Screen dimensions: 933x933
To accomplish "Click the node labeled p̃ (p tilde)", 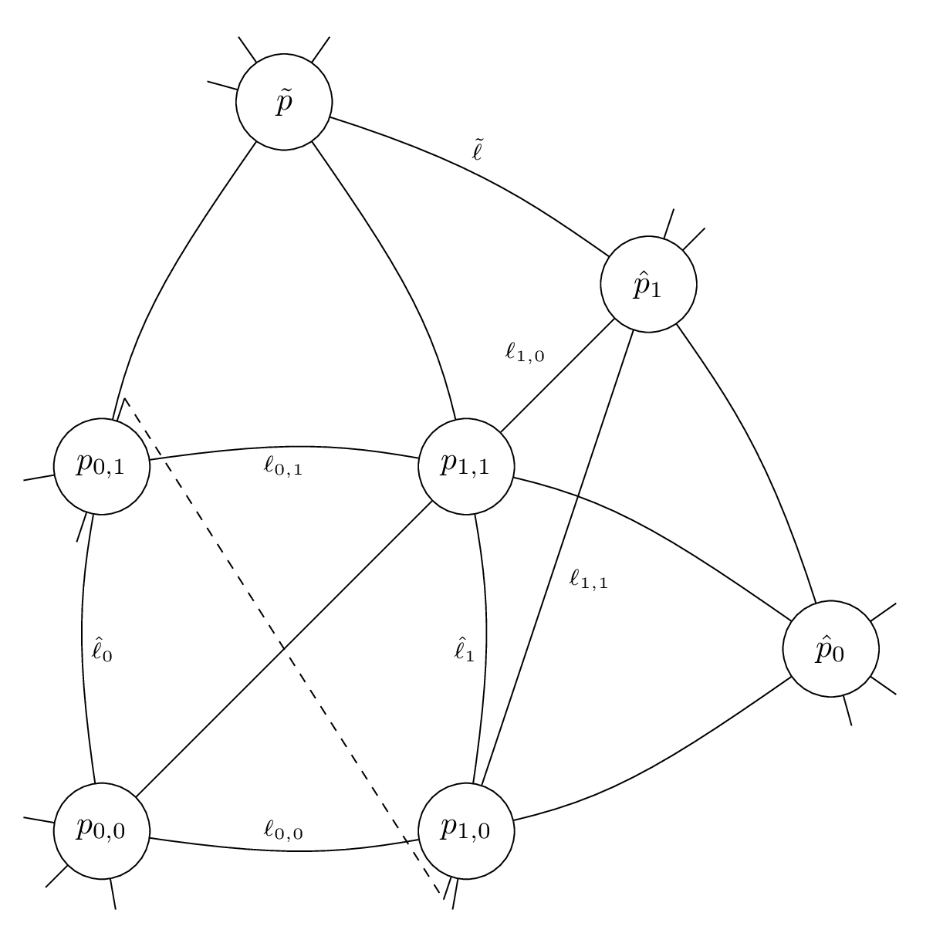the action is click(284, 102).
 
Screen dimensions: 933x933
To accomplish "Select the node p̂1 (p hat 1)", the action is click(648, 284).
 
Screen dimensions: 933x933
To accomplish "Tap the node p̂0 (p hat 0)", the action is click(830, 650).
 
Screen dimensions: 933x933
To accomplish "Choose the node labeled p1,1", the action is click(465, 466).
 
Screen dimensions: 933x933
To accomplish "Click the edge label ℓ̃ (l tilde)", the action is click(478, 150).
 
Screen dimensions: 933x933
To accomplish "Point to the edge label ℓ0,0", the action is click(282, 830).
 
